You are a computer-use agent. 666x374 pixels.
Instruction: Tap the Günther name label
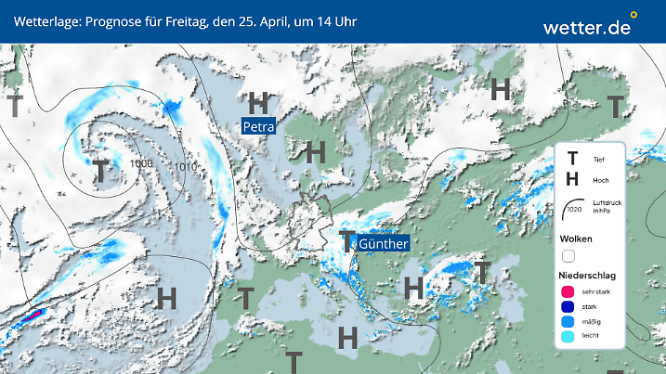(383, 243)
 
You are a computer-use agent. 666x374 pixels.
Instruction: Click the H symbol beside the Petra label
(259, 102)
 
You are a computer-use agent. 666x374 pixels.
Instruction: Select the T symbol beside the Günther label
(347, 242)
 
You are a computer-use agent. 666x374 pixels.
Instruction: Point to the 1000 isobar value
(142, 163)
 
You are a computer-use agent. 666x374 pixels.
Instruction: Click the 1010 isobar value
(186, 167)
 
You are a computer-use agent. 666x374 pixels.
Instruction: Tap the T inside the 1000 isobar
(100, 171)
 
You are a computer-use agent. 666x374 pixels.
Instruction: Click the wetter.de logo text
(587, 28)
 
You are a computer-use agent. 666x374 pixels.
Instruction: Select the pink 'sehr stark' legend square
(568, 293)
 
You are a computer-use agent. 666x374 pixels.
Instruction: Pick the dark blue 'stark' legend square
(568, 308)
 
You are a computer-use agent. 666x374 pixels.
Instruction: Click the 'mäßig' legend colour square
(568, 323)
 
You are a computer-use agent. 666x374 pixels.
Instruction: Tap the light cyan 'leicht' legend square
(568, 338)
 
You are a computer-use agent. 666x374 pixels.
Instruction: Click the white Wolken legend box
(568, 255)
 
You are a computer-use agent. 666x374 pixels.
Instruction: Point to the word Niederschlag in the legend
(588, 276)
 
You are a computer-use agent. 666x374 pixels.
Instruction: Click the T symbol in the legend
(572, 160)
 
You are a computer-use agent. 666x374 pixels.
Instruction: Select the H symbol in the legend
(572, 180)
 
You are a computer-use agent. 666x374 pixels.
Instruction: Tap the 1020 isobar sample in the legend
(573, 207)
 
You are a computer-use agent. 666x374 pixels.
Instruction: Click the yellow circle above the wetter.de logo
(633, 15)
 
